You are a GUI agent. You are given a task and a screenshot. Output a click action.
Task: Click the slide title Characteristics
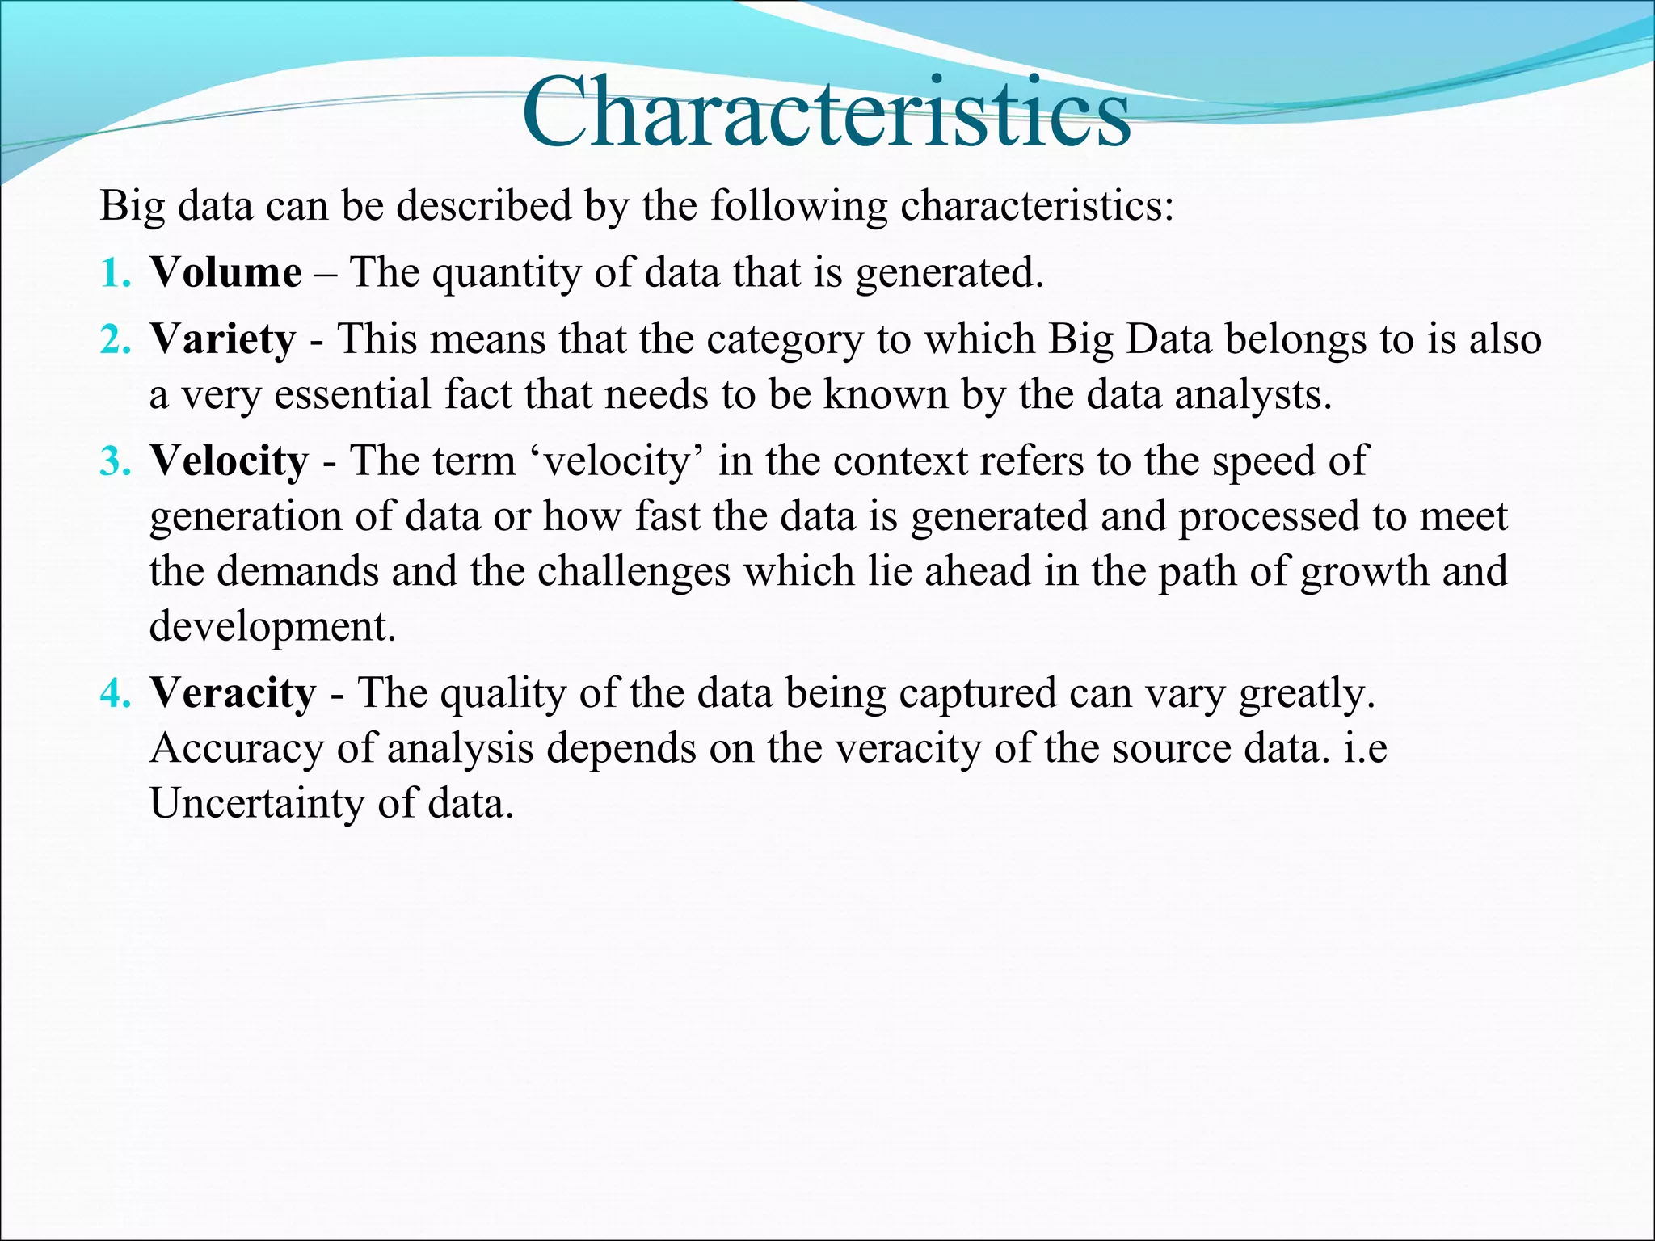coord(826,113)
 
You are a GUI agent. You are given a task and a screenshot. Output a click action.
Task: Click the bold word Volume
coord(225,272)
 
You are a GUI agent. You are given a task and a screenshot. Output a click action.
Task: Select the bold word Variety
coord(222,339)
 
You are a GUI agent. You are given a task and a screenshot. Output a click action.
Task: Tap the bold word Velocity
coord(229,461)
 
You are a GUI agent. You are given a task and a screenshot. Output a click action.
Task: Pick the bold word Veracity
coord(233,693)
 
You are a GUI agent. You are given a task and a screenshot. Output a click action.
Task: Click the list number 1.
coord(115,273)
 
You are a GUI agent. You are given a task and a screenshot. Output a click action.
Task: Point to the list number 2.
coord(115,339)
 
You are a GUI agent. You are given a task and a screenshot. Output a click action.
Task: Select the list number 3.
coord(115,462)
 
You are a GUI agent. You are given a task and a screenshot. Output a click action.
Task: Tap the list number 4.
coord(115,694)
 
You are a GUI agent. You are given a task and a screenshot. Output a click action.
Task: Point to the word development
coord(273,626)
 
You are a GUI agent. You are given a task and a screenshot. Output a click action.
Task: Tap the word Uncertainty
coord(257,803)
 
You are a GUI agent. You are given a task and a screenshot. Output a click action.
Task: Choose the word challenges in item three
coord(634,571)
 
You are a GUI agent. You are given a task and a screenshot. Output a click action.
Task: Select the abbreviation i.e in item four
coord(1365,748)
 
